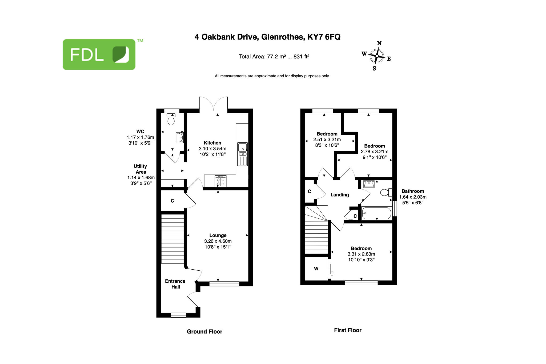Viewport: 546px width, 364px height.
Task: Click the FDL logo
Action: [x=99, y=54]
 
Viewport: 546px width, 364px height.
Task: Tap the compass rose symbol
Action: [x=377, y=56]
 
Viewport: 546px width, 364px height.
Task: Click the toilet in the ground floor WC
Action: [x=171, y=119]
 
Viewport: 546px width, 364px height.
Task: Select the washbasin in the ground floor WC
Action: [x=180, y=138]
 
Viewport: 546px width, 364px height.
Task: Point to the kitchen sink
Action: [x=243, y=154]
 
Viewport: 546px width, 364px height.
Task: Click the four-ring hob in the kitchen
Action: [x=220, y=181]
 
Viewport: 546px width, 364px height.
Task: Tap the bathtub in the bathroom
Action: [x=376, y=213]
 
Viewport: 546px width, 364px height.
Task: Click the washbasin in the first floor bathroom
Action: [x=369, y=184]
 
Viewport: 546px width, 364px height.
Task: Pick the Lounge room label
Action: [x=218, y=235]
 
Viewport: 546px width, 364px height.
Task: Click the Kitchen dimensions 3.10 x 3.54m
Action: [x=212, y=149]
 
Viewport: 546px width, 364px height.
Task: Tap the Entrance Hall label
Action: [x=175, y=284]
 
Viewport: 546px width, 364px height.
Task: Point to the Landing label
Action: [x=340, y=195]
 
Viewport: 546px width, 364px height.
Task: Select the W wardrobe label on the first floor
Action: [x=316, y=269]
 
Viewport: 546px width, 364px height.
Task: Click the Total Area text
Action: [x=274, y=57]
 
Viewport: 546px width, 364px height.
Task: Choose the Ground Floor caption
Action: [x=204, y=331]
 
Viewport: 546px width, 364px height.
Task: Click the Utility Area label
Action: [x=140, y=169]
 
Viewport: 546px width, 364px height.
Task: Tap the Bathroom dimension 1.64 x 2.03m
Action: [x=413, y=197]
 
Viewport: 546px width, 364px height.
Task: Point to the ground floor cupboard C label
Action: [x=172, y=201]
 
